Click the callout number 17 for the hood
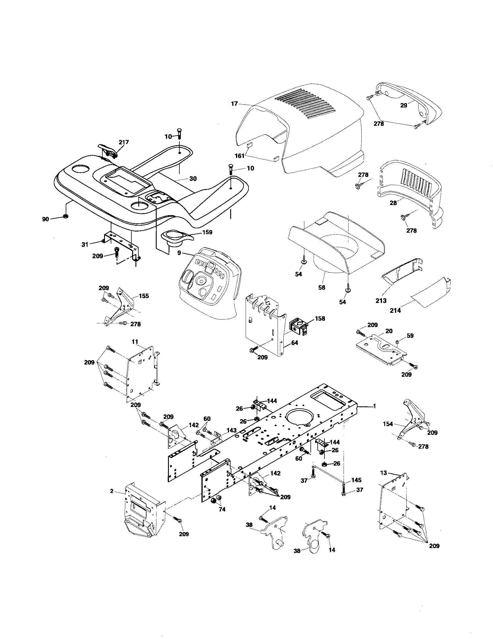(x=234, y=103)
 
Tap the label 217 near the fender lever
(x=124, y=143)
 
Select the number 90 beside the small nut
(x=45, y=219)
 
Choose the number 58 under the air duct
(x=321, y=288)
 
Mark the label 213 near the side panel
(x=381, y=301)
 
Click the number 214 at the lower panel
(x=396, y=310)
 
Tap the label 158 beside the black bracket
(x=320, y=318)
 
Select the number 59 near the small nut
(x=410, y=335)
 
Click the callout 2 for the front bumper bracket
(x=112, y=491)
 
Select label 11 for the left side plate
(x=135, y=342)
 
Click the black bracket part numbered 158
(x=298, y=327)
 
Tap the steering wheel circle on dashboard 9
(x=201, y=281)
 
